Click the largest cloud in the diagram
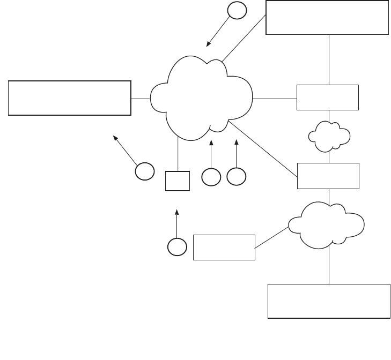[202, 100]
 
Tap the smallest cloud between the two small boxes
[329, 136]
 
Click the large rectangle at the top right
[327, 18]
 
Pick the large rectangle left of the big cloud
[70, 97]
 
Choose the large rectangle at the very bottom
[329, 301]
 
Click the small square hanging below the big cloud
[178, 181]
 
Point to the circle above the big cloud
[237, 11]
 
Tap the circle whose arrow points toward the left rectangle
[144, 171]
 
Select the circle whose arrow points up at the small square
[177, 246]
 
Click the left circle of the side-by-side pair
[211, 177]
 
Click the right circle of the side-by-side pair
[236, 177]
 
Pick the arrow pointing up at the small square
[177, 222]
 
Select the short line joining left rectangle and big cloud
[141, 99]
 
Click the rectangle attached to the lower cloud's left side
[224, 247]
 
